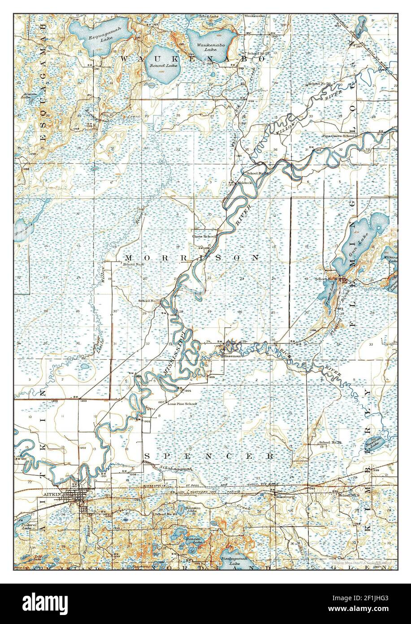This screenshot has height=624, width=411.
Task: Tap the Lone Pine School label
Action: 182,404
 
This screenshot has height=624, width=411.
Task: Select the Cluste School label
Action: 204,236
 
